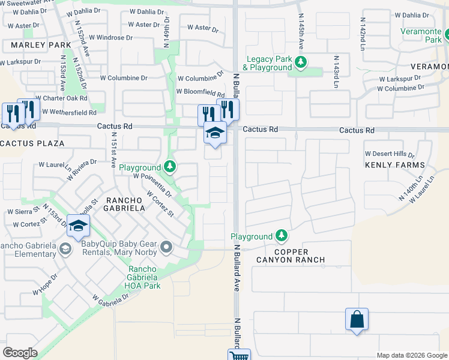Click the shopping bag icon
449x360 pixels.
click(x=357, y=319)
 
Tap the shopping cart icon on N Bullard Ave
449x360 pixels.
click(x=239, y=355)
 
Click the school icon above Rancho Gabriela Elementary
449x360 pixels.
click(x=78, y=226)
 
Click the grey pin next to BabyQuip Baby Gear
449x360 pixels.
click(x=167, y=247)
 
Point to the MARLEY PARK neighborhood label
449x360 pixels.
click(x=28, y=45)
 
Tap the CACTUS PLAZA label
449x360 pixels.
click(x=32, y=143)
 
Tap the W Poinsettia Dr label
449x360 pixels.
click(x=152, y=185)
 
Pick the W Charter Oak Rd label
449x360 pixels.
click(x=61, y=98)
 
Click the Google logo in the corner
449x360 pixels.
click(x=20, y=352)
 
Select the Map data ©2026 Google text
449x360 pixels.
click(x=411, y=355)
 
